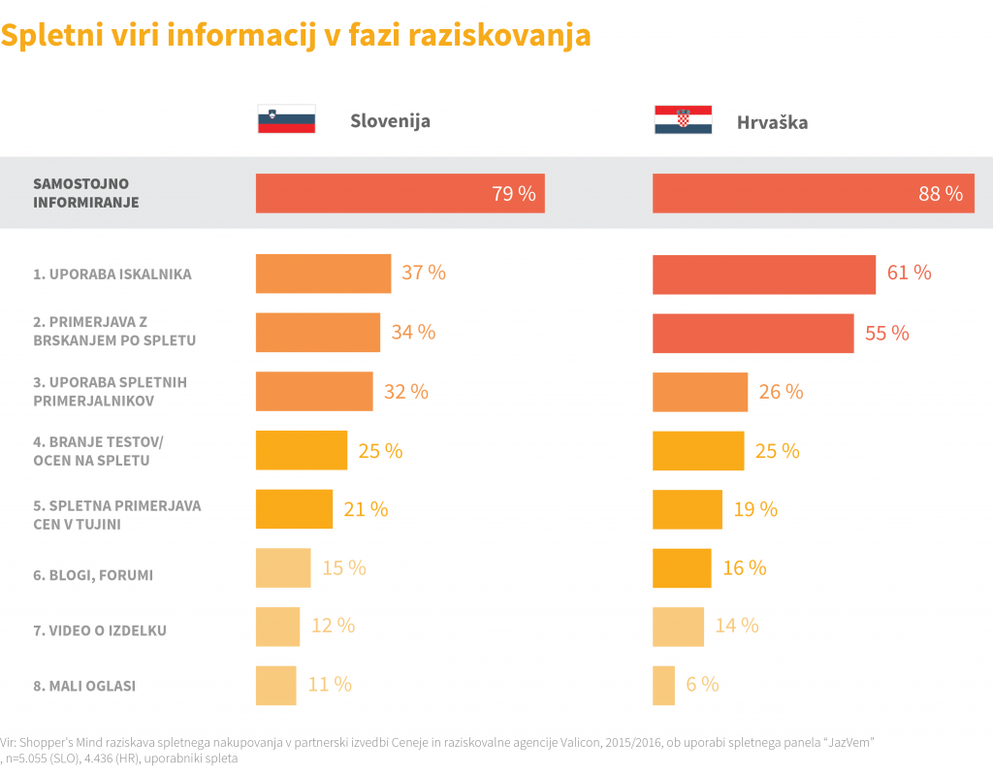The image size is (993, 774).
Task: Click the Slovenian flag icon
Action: (x=286, y=119)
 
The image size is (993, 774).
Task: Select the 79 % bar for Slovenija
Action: (x=400, y=193)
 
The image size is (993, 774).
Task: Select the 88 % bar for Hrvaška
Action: (x=813, y=193)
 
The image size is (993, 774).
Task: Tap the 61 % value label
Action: (x=909, y=273)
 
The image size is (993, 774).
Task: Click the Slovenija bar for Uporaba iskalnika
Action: (x=323, y=274)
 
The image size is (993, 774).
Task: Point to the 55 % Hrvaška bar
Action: (x=753, y=333)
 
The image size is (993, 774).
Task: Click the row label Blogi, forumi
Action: (x=93, y=575)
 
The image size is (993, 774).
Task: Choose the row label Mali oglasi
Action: (x=84, y=686)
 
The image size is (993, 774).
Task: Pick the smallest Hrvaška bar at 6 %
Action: (x=663, y=685)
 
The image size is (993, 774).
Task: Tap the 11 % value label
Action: (x=330, y=685)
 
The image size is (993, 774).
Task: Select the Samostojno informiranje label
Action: (x=85, y=193)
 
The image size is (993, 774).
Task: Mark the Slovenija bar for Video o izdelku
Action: (x=277, y=627)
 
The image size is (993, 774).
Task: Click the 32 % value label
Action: (x=405, y=392)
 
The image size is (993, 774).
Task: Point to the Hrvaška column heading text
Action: (x=772, y=123)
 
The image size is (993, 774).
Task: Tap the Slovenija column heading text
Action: (x=390, y=121)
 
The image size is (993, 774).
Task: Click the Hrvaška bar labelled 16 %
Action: (x=682, y=568)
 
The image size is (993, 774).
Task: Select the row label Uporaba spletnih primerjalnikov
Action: (x=110, y=391)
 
